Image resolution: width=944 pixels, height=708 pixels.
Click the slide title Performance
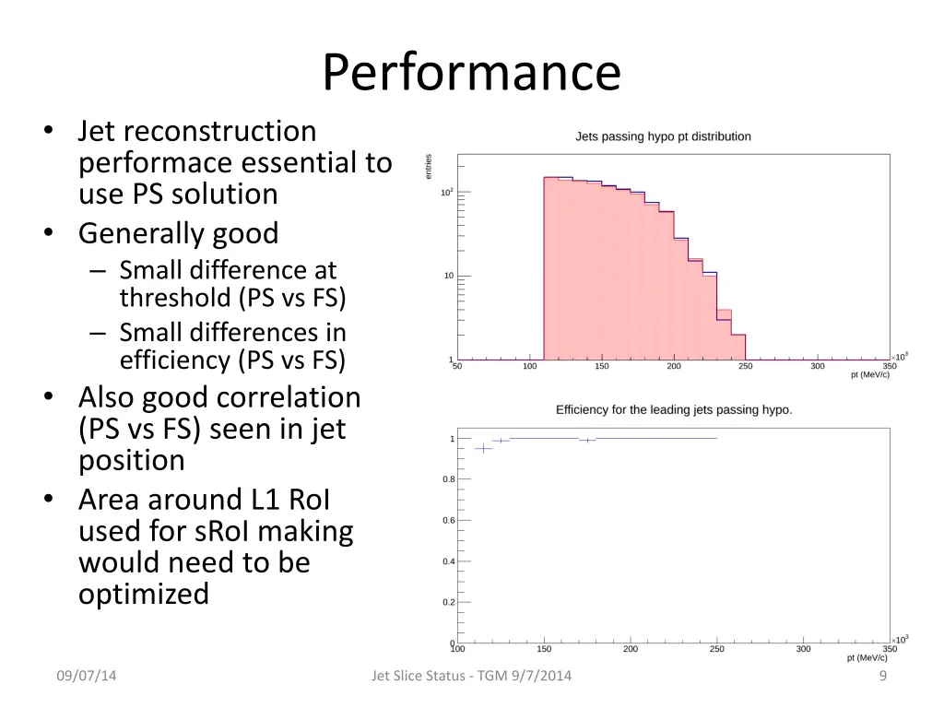471,72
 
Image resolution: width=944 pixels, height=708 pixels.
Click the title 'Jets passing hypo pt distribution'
663,136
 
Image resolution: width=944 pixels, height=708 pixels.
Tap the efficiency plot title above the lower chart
674,409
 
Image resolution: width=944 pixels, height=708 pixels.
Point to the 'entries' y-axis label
429,167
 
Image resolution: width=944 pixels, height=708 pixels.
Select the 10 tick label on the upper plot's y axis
448,276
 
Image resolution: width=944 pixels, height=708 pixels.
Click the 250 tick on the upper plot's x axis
745,366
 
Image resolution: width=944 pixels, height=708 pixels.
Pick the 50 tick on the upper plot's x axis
457,366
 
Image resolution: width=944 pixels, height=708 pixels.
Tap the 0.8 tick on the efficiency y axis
448,479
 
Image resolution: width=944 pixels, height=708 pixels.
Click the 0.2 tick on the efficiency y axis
448,602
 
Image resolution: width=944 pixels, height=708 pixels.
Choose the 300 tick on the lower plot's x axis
803,649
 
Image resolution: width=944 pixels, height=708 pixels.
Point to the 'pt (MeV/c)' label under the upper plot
869,375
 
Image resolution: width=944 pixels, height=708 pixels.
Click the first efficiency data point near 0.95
483,449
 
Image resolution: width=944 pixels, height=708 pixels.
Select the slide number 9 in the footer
883,676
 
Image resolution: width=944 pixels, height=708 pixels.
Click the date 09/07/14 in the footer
87,676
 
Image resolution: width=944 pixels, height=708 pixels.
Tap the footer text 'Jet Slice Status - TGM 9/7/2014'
471,676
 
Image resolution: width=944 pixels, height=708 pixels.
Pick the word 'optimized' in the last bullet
144,594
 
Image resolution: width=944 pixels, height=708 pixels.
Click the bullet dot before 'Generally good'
47,233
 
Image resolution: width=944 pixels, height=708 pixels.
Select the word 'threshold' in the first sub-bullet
175,298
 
